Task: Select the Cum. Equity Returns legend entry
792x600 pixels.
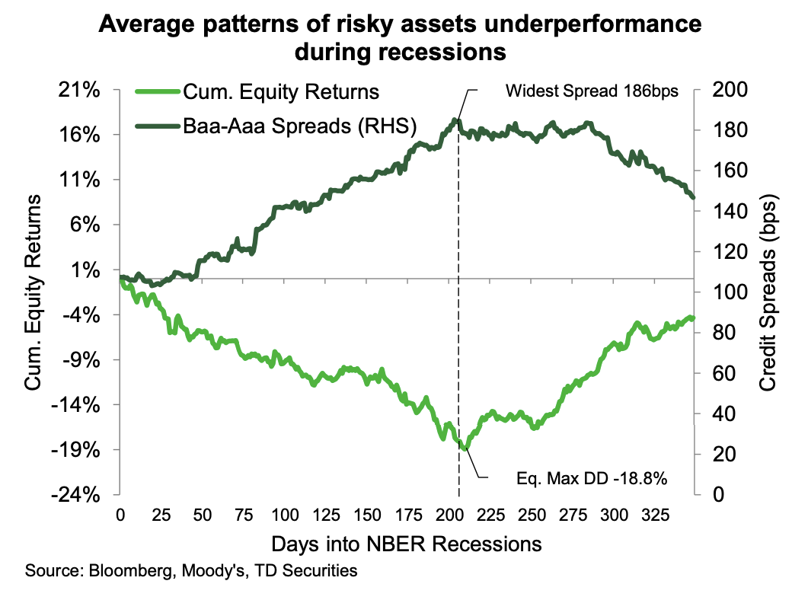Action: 280,93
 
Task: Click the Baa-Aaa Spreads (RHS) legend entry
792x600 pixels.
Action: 299,126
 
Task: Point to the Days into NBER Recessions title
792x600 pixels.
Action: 406,544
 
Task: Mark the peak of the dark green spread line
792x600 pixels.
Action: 456,120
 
